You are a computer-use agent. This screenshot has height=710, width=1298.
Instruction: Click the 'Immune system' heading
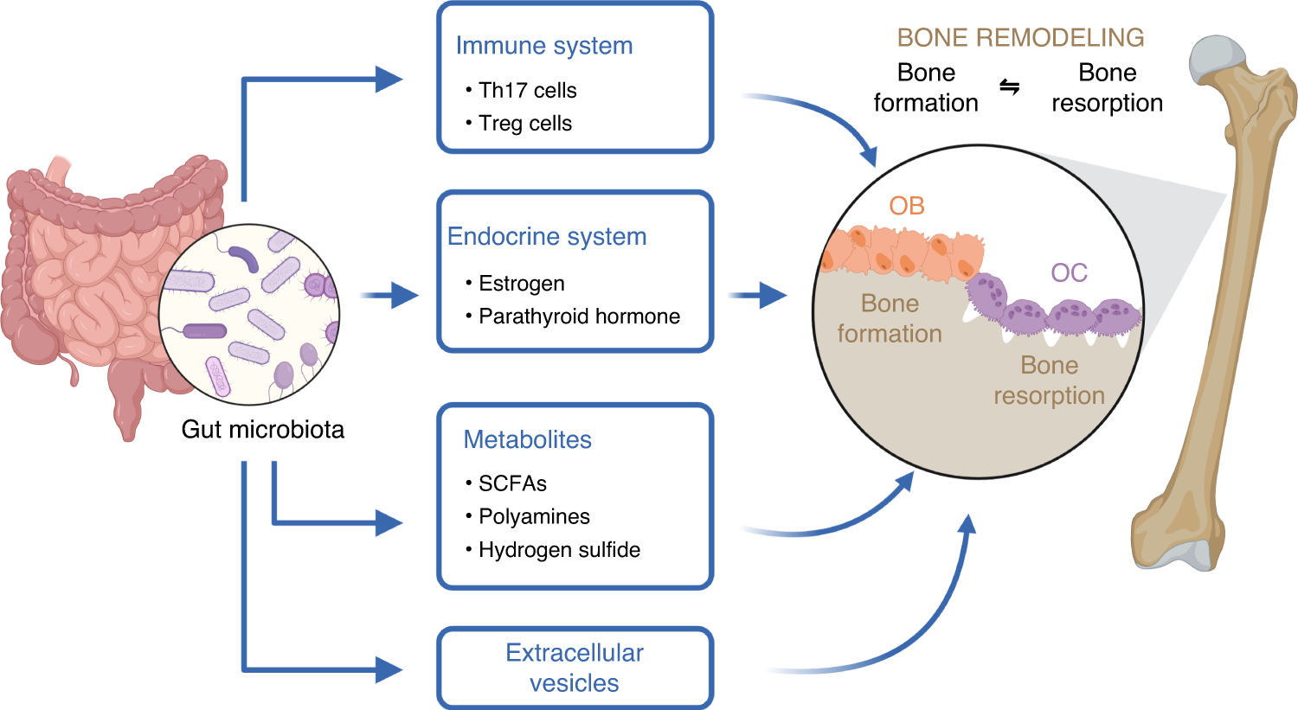pos(543,46)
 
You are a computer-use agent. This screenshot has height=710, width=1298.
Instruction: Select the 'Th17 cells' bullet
pos(527,90)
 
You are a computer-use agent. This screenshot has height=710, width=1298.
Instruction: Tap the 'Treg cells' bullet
pos(524,124)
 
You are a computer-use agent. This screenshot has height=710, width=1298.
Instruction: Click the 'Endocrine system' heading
pos(547,237)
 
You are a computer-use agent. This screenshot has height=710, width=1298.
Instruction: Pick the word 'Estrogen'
pos(521,284)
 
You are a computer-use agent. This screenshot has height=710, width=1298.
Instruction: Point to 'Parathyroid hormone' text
pos(579,317)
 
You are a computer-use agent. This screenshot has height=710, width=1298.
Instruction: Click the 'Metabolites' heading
pos(527,439)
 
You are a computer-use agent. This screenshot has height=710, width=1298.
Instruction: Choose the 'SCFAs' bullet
pos(512,483)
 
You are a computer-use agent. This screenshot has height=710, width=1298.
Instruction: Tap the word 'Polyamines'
pos(534,516)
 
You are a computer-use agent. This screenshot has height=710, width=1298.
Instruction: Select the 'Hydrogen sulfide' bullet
pos(559,550)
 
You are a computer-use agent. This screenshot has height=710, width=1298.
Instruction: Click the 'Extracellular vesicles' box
pos(575,668)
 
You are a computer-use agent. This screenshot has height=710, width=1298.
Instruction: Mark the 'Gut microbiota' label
pos(262,429)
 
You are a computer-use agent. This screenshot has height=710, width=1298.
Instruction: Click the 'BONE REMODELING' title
pos(1020,38)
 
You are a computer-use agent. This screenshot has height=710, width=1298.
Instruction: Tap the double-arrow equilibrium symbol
pos(1010,87)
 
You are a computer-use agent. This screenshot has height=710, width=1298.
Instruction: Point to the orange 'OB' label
pos(907,206)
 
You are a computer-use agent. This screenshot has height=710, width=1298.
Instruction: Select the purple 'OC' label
pos(1069,273)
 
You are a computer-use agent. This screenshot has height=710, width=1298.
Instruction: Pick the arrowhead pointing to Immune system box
pos(389,80)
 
